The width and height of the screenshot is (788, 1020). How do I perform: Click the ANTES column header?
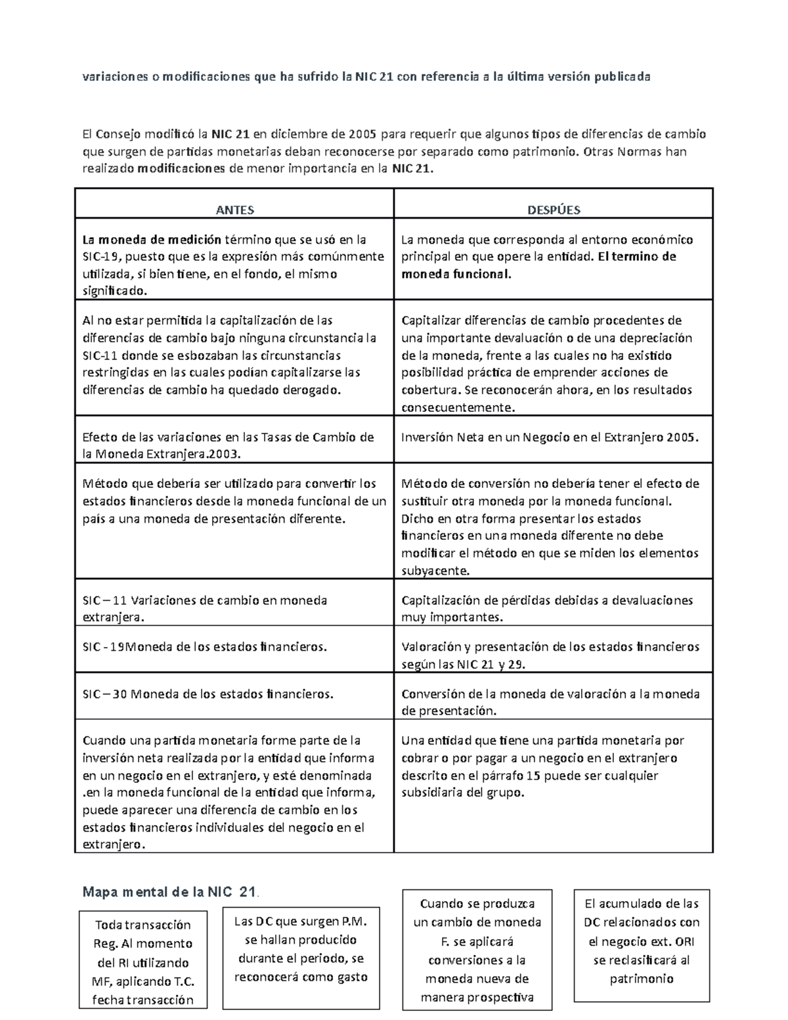(234, 210)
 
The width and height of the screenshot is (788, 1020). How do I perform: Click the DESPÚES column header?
(554, 210)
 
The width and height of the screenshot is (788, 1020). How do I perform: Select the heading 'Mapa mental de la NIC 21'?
(169, 892)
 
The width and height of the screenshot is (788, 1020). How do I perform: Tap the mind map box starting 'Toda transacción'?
(143, 962)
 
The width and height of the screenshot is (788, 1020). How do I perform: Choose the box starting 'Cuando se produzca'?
(477, 950)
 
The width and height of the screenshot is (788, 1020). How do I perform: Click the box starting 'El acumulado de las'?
(642, 941)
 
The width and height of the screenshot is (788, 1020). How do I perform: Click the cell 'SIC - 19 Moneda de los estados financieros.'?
(204, 647)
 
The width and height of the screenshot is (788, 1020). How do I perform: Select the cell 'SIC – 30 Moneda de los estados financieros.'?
(208, 694)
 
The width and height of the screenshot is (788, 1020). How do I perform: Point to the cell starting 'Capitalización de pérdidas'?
(547, 608)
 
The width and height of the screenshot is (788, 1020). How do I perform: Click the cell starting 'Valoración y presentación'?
(550, 655)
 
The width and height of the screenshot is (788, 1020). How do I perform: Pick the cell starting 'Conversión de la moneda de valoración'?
(550, 701)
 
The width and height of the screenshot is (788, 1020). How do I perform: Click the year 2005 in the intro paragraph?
(363, 135)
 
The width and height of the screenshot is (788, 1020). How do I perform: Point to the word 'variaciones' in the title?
(113, 77)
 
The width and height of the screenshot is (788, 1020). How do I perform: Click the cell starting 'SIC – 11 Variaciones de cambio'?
(204, 608)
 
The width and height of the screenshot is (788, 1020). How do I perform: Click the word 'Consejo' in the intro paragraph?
(118, 135)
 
